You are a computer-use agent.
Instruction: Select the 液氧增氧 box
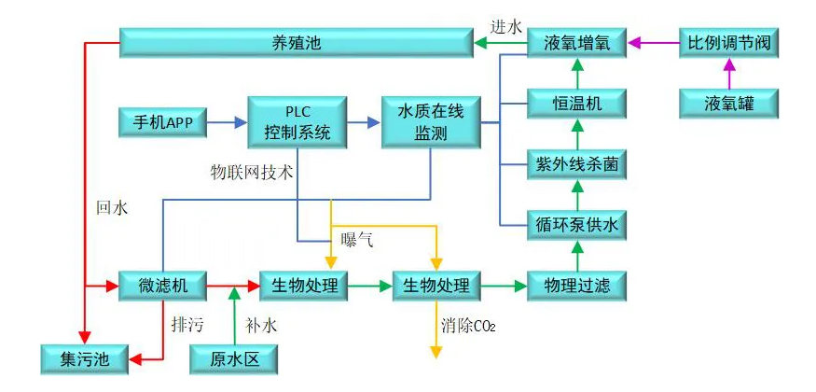click(576, 43)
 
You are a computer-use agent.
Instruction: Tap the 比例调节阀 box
click(728, 43)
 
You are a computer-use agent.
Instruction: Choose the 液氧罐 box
click(728, 103)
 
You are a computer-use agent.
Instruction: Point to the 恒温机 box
click(576, 103)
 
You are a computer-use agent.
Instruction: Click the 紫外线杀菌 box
click(576, 164)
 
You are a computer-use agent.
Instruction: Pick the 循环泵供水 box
click(576, 225)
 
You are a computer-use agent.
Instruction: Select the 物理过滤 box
click(576, 286)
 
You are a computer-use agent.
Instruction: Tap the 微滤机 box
click(161, 286)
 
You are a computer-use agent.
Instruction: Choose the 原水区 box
click(233, 358)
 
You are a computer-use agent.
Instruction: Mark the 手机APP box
click(161, 121)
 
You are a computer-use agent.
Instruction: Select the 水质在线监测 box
click(430, 121)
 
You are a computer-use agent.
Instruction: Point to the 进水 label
click(506, 26)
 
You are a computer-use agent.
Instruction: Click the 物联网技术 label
click(252, 173)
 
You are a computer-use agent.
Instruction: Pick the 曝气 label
click(357, 240)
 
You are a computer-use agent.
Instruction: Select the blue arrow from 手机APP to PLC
click(226, 121)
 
